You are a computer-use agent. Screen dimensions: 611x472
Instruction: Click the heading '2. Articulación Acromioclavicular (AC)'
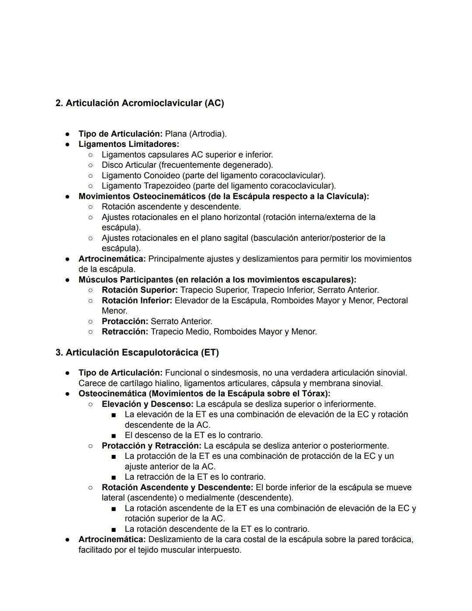click(139, 103)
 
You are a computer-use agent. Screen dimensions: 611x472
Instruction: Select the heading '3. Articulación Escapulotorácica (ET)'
click(137, 353)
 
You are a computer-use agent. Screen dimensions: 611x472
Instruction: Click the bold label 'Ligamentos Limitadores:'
click(129, 144)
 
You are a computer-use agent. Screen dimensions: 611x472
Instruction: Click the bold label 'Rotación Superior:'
click(140, 290)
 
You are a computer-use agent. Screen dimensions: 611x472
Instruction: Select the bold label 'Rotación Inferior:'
click(137, 300)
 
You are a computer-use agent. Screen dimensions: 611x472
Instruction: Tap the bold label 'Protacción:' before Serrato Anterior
click(125, 321)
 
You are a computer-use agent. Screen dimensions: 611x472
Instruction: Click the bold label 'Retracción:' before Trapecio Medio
click(125, 332)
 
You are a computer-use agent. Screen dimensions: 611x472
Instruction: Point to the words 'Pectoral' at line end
click(392, 300)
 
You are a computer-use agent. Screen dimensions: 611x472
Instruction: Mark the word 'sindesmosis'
click(234, 373)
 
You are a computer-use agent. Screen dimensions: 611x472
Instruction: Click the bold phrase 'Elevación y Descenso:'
click(148, 404)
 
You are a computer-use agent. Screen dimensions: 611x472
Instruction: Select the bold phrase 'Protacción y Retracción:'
click(152, 446)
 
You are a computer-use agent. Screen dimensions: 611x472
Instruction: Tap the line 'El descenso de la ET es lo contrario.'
click(194, 436)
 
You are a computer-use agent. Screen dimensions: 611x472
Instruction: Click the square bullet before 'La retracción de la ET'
click(114, 477)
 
